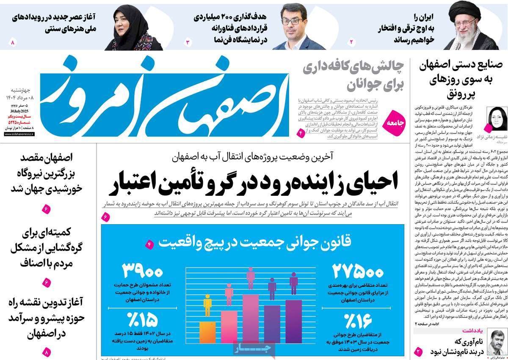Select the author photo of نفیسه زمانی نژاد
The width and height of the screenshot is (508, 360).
tap(495, 119)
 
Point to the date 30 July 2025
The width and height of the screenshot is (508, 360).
tap(23, 111)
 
